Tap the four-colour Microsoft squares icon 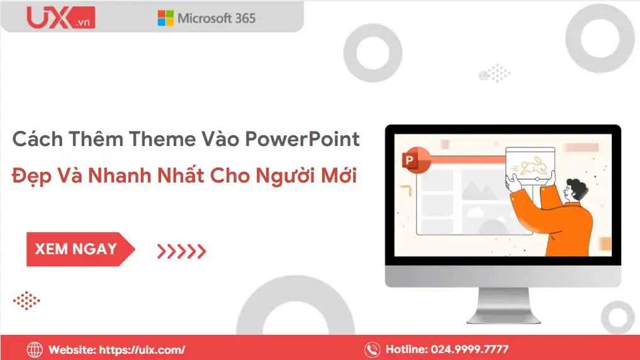pos(166,18)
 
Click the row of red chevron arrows pos(181,252)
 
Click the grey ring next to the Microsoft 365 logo pos(378,49)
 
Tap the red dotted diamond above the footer pos(26,300)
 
